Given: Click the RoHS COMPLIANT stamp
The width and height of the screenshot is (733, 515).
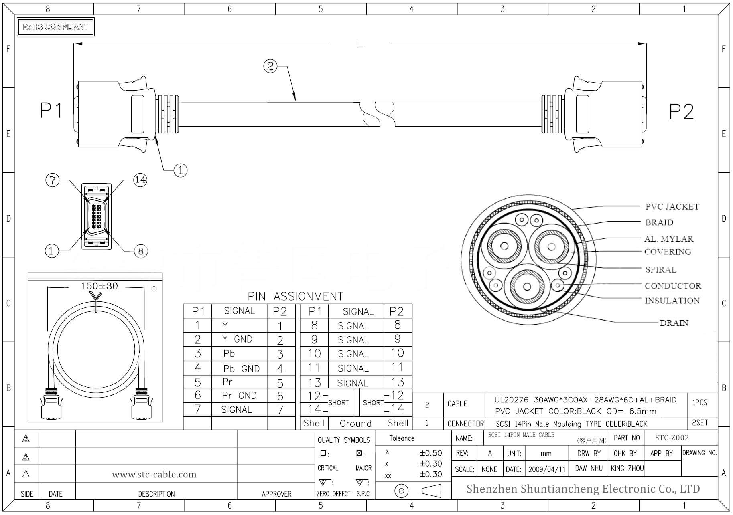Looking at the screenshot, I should pos(55,27).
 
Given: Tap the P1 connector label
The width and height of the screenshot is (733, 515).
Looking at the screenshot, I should pos(51,110).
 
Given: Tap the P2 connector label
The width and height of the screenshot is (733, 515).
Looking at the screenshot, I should pos(681,111).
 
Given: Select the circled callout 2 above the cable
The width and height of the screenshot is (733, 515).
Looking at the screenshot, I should pos(270,66).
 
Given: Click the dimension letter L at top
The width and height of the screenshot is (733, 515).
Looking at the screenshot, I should pos(359,44).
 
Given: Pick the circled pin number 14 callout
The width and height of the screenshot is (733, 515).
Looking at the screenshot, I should pos(140,180).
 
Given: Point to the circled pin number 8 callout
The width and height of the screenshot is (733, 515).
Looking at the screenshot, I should pos(140,252).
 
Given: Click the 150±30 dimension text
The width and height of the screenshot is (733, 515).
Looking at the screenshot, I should pos(99,286).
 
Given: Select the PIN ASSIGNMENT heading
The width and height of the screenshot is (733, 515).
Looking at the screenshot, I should pos(295,296).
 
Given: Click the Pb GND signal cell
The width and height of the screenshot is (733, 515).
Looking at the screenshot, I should pos(241,368).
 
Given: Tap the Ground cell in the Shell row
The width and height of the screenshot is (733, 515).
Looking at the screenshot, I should pos(355,424).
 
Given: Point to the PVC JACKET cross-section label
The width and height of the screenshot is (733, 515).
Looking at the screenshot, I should pos(672,207).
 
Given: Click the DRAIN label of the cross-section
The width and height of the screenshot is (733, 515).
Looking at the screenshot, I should pos(674,323).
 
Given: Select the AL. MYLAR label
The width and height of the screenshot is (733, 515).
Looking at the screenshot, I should pos(668,239).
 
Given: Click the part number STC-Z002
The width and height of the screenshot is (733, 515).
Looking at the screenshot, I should pos(672,438).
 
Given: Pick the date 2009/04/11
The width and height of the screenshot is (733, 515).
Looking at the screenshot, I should pos(546,469).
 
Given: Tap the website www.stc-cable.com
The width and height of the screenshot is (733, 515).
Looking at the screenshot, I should pos(154,475).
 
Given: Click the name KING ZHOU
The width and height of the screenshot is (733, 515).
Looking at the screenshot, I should pos(627,468).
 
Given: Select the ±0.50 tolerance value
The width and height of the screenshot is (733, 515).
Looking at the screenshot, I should pos(430,453).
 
